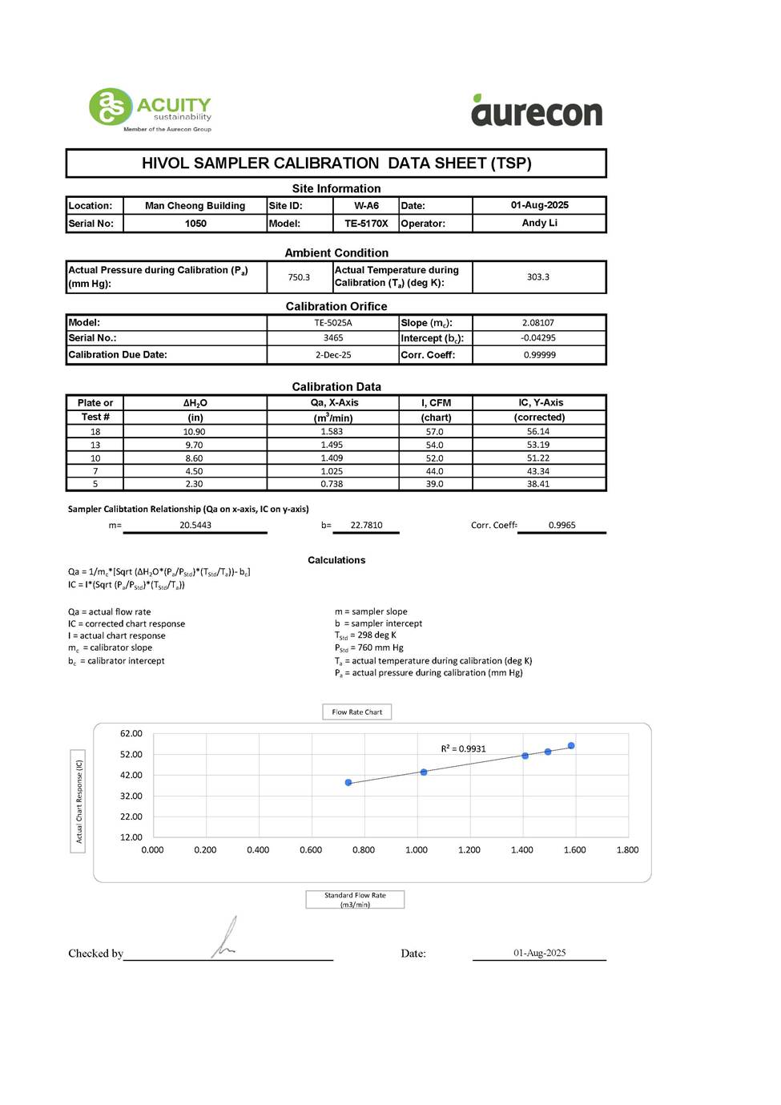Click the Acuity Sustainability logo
(150, 109)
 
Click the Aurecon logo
(537, 111)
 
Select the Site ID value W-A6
(366, 206)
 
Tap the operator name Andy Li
(539, 223)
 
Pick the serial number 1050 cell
(195, 224)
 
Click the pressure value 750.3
(299, 277)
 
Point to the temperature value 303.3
(538, 277)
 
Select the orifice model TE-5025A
(332, 323)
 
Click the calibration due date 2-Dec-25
(332, 355)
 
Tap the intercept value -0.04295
(538, 338)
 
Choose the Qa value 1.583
(332, 432)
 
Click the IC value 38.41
(538, 484)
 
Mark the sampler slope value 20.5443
(195, 526)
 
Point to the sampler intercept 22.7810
(366, 526)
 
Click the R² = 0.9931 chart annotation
(463, 749)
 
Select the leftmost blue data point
(348, 782)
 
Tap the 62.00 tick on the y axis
(131, 734)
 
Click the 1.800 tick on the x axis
(627, 850)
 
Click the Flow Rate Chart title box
(356, 712)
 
